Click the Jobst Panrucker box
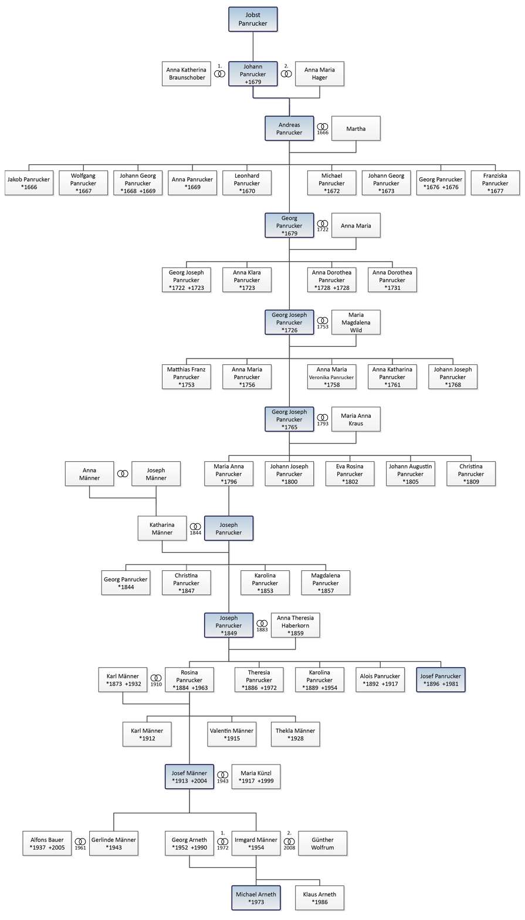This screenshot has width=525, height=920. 252,18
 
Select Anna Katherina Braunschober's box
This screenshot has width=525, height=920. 186,74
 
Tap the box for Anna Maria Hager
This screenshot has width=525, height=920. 319,74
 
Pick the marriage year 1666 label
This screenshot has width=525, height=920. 323,133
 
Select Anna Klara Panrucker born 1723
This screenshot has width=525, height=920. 247,280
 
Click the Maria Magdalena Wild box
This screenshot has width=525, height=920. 356,322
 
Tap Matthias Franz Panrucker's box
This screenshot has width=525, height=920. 187,377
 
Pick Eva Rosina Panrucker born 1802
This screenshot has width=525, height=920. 350,473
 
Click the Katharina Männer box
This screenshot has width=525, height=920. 162,527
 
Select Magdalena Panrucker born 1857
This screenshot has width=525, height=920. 326,583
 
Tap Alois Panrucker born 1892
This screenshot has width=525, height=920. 380,679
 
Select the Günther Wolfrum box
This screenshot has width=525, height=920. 323,843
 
